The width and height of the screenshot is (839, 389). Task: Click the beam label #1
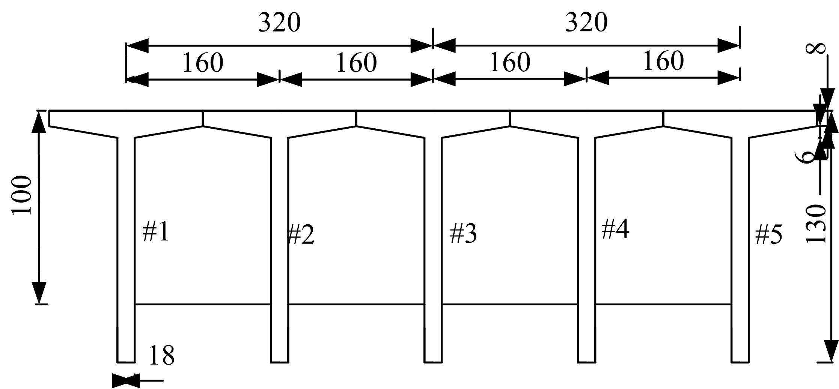tap(156, 232)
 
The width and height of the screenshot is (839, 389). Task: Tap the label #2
tap(301, 235)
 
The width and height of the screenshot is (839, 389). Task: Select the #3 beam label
tap(463, 234)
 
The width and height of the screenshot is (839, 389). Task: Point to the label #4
tap(615, 230)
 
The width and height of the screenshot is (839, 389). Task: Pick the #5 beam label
tap(769, 235)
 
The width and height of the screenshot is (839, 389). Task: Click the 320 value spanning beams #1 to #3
tap(280, 23)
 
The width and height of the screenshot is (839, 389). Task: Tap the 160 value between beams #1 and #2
tap(203, 63)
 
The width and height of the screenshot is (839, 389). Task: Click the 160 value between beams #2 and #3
tap(356, 63)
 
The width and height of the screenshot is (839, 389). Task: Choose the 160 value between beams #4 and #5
tap(663, 61)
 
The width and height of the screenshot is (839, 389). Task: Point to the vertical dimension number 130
tap(817, 224)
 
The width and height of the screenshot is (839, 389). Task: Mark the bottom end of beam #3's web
tap(433, 362)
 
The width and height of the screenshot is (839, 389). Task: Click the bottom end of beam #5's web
tap(740, 362)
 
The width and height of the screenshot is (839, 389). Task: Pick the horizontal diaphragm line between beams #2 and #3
tap(356, 304)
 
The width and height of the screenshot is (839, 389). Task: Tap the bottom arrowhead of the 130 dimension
tap(831, 351)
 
